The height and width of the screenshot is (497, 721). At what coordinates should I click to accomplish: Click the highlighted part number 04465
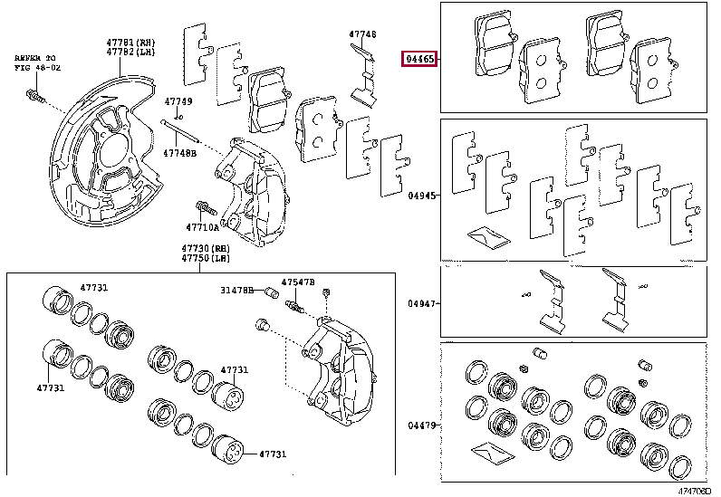tap(421, 60)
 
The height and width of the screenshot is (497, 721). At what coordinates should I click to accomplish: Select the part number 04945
tap(420, 194)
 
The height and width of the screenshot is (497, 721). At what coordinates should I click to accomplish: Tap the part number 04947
tap(420, 304)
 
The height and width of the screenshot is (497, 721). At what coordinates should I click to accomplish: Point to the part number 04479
tap(420, 425)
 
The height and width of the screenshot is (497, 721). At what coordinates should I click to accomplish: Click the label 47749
tap(178, 101)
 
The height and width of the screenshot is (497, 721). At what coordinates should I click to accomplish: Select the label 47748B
tap(179, 153)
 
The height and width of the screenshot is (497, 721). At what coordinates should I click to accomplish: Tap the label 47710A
tap(203, 227)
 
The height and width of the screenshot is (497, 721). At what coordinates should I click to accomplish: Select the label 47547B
tap(297, 282)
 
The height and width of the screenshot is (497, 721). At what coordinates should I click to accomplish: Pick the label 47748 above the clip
tap(362, 34)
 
